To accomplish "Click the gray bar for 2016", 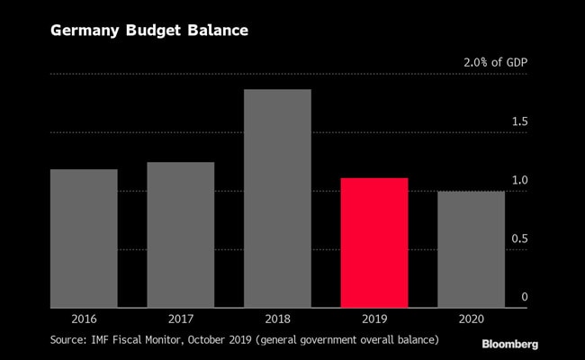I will click(84, 238).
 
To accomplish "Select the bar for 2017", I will click(180, 235).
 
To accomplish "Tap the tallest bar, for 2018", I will click(277, 198).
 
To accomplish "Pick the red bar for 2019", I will click(373, 243).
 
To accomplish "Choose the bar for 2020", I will click(471, 249).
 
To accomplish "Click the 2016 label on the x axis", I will click(84, 319).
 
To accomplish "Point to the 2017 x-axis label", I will click(180, 319).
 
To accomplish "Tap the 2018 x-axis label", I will click(277, 319).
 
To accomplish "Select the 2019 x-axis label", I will click(373, 319).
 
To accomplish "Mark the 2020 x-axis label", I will click(471, 319).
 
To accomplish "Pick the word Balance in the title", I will click(217, 31).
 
